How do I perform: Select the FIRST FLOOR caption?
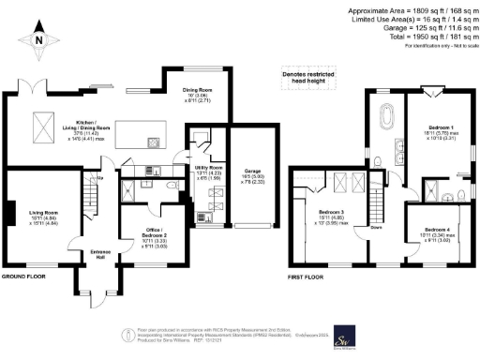[307, 277]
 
